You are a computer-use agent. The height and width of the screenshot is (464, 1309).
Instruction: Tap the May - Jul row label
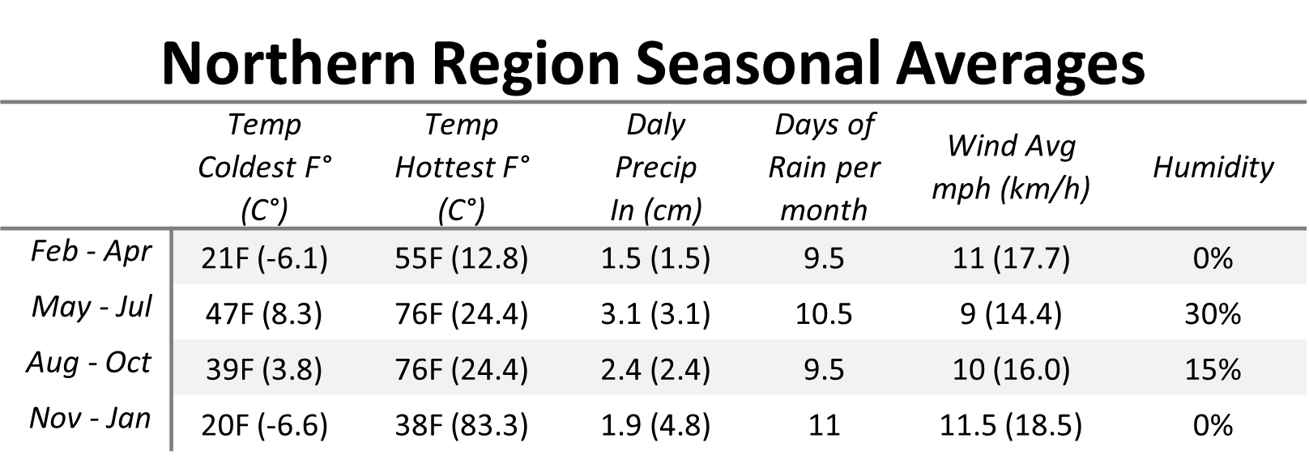(92, 307)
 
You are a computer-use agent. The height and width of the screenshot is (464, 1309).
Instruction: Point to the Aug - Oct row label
(89, 363)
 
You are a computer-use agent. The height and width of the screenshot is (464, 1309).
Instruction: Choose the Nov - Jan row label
(90, 419)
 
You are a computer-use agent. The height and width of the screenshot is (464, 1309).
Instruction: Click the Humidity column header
(1213, 168)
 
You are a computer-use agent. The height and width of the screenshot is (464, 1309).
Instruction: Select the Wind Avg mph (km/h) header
(1012, 168)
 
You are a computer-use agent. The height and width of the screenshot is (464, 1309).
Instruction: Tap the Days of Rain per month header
(824, 168)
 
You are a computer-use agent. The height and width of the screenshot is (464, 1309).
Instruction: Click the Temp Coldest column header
(265, 168)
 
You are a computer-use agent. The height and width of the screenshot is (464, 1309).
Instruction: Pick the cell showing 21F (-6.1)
(265, 258)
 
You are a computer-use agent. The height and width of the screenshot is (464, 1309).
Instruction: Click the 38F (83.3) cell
(462, 425)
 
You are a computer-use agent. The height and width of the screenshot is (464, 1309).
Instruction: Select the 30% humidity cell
(1213, 314)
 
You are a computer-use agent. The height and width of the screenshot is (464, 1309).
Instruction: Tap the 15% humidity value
(1213, 370)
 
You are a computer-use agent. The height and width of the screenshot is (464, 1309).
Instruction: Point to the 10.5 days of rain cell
(824, 314)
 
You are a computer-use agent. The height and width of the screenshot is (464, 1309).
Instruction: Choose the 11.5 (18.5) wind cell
(1011, 425)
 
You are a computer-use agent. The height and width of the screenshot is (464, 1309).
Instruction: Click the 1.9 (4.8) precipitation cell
(655, 425)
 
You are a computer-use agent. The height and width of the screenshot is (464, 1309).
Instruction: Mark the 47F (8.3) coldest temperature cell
(263, 314)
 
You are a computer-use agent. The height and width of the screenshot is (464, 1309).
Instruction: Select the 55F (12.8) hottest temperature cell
(462, 258)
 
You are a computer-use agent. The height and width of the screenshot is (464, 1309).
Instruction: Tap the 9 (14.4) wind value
(1011, 314)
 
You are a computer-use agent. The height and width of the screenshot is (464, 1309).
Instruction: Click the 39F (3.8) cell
(263, 370)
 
